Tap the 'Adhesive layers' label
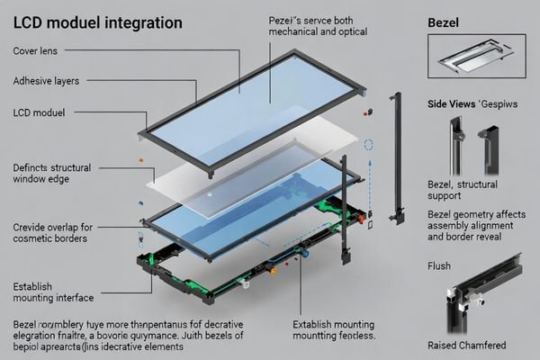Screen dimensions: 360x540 pyautogui.click(x=46, y=81)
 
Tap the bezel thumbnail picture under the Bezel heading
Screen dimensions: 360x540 pyautogui.click(x=478, y=58)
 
